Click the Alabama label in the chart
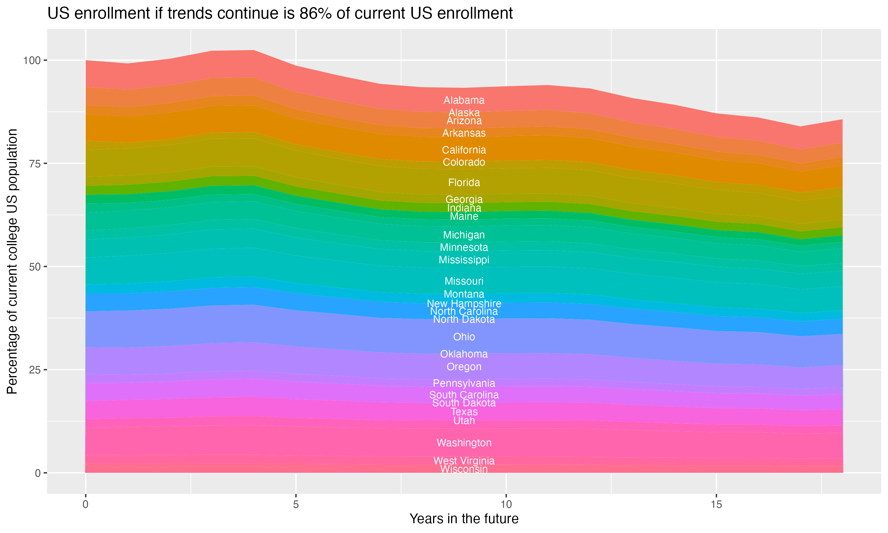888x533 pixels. [x=464, y=100]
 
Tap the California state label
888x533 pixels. [x=464, y=150]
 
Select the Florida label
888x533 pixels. [x=464, y=182]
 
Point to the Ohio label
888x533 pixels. [x=464, y=337]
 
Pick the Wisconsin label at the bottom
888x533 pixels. [x=464, y=469]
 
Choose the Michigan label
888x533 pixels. [x=464, y=235]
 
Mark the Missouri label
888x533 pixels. [x=464, y=281]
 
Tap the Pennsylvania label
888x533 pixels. [x=464, y=383]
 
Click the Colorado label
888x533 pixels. [x=464, y=162]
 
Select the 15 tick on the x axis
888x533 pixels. [x=716, y=505]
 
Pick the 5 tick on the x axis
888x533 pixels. [x=296, y=505]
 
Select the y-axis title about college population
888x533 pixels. [x=12, y=261]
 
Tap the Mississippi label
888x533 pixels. [x=464, y=260]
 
